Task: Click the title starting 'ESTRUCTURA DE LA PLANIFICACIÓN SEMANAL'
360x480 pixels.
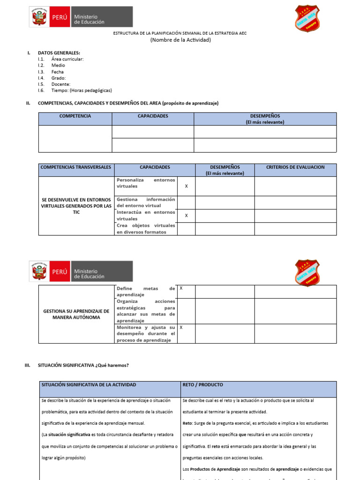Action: tap(180, 33)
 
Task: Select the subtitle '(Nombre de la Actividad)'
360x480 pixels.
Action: tap(180, 40)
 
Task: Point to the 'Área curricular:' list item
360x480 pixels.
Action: tap(67, 60)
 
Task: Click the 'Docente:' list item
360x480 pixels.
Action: tap(61, 84)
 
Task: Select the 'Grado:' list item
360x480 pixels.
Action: tap(59, 78)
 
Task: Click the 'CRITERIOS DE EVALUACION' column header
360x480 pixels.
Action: tap(295, 167)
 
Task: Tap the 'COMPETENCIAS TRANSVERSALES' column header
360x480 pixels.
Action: tap(76, 167)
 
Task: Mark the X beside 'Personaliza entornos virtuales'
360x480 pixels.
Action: tap(186, 186)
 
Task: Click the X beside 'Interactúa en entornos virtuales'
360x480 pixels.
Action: tap(186, 216)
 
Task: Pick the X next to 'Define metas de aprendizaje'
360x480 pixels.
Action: tap(181, 288)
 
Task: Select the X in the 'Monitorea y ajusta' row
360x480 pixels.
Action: tap(181, 327)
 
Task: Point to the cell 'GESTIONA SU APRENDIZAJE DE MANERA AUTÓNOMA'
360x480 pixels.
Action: tap(76, 314)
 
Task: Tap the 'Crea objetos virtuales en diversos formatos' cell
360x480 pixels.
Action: tap(146, 229)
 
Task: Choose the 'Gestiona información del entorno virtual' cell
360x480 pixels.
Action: tap(146, 202)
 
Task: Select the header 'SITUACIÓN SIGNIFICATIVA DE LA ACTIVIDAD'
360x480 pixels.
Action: tap(89, 385)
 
